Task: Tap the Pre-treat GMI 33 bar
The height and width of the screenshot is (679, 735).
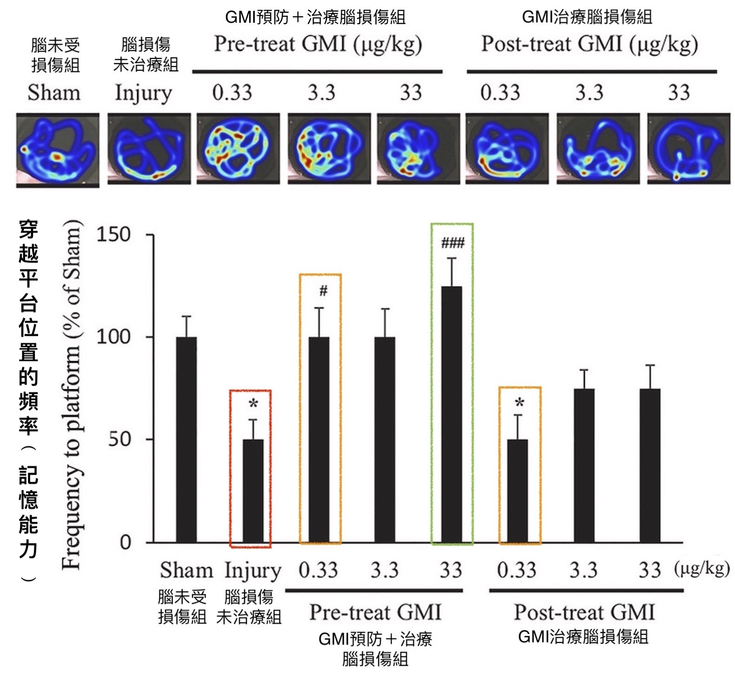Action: coord(451,414)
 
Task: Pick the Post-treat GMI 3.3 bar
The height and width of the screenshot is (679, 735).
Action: coord(584,465)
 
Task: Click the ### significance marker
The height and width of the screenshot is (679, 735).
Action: coord(452,242)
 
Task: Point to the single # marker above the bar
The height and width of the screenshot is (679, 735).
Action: coord(323,291)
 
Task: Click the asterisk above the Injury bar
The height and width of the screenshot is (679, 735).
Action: coord(253,404)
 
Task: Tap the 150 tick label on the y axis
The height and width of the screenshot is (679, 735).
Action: coord(113,235)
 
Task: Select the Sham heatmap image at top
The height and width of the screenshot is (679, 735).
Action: coord(58,150)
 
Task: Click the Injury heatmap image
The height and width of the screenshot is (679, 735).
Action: coord(149,149)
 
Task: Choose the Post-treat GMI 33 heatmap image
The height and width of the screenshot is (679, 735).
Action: coord(689,149)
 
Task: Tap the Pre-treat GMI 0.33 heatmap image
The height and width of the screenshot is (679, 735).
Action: coord(238,149)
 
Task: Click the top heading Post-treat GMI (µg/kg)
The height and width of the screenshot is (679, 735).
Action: coord(589,45)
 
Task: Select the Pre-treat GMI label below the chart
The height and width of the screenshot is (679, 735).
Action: coord(375,612)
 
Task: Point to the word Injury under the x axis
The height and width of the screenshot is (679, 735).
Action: coord(253,571)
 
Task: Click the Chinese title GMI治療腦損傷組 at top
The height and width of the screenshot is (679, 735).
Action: coord(587,17)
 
